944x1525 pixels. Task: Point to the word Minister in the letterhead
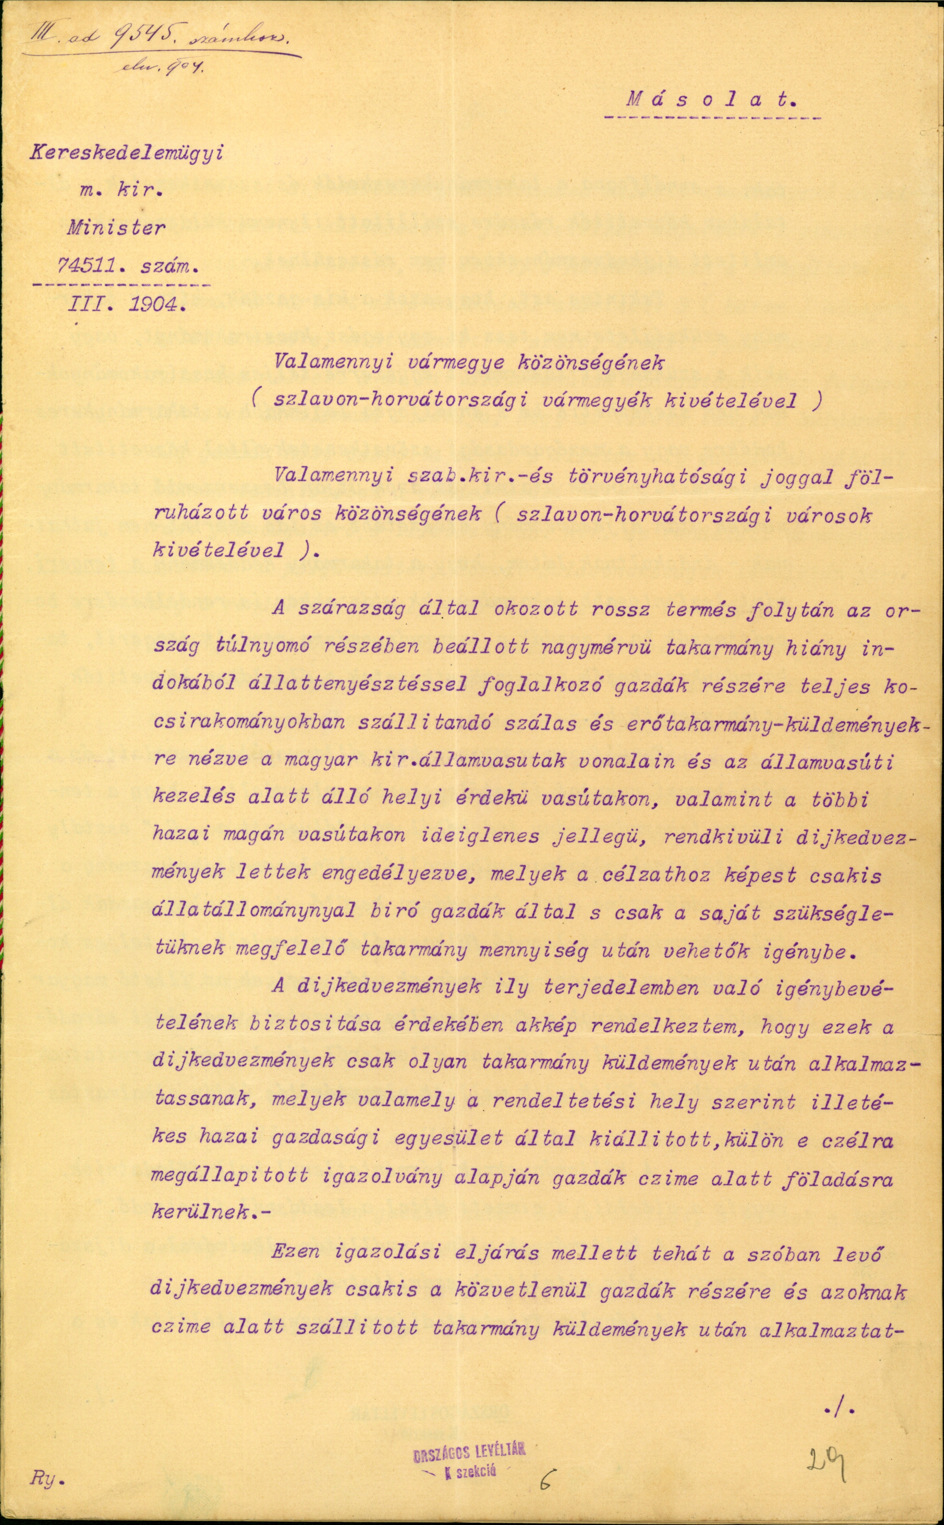tap(117, 228)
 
